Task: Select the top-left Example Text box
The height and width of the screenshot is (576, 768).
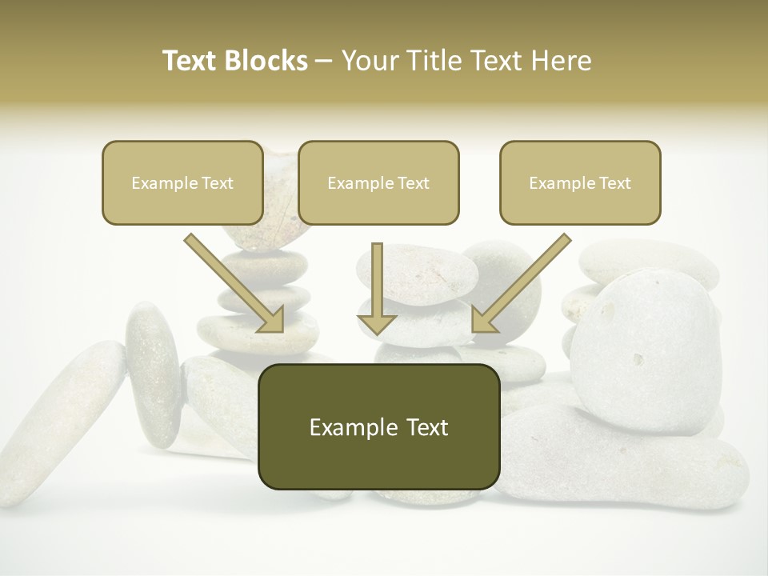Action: pyautogui.click(x=182, y=182)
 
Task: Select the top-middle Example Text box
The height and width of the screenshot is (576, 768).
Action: pyautogui.click(x=378, y=182)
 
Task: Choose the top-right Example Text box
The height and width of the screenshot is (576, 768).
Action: pyautogui.click(x=580, y=182)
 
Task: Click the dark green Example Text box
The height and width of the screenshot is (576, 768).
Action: pyautogui.click(x=378, y=426)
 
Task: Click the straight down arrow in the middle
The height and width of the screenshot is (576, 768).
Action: pyautogui.click(x=377, y=284)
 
